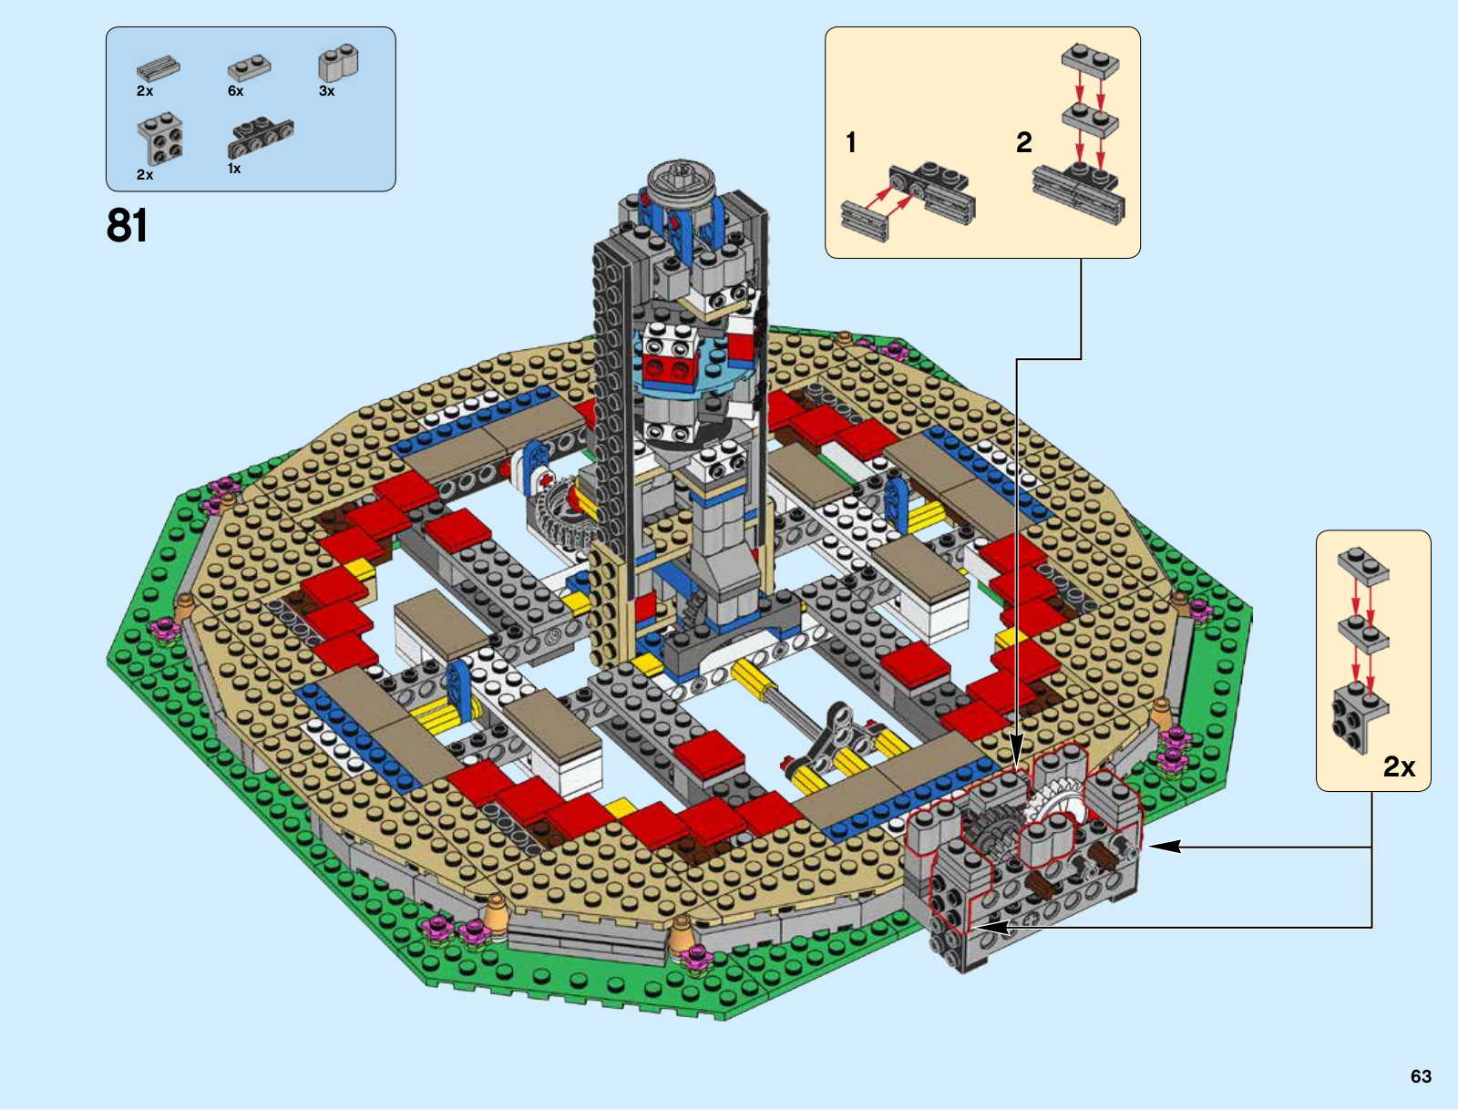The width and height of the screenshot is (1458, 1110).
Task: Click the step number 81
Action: pos(127,225)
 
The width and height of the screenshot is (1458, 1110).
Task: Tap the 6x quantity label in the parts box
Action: pos(236,91)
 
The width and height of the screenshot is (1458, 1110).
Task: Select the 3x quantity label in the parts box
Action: pos(327,91)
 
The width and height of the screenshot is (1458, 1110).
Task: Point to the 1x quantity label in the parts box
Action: pos(234,169)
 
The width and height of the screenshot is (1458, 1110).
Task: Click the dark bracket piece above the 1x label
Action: pos(261,138)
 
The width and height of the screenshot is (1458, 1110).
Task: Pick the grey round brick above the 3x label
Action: pos(339,63)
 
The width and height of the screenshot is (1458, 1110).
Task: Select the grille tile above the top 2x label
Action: pos(158,68)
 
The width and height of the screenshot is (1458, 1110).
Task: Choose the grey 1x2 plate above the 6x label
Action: pos(249,67)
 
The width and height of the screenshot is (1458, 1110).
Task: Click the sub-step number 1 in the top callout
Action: pos(851,143)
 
